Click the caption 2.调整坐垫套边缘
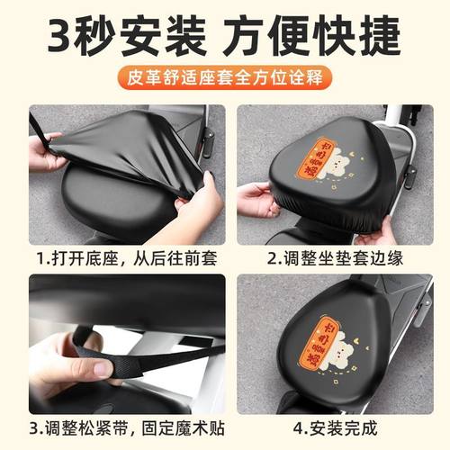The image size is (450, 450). pyautogui.click(x=332, y=258)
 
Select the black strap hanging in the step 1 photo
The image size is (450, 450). pyautogui.click(x=38, y=126)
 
